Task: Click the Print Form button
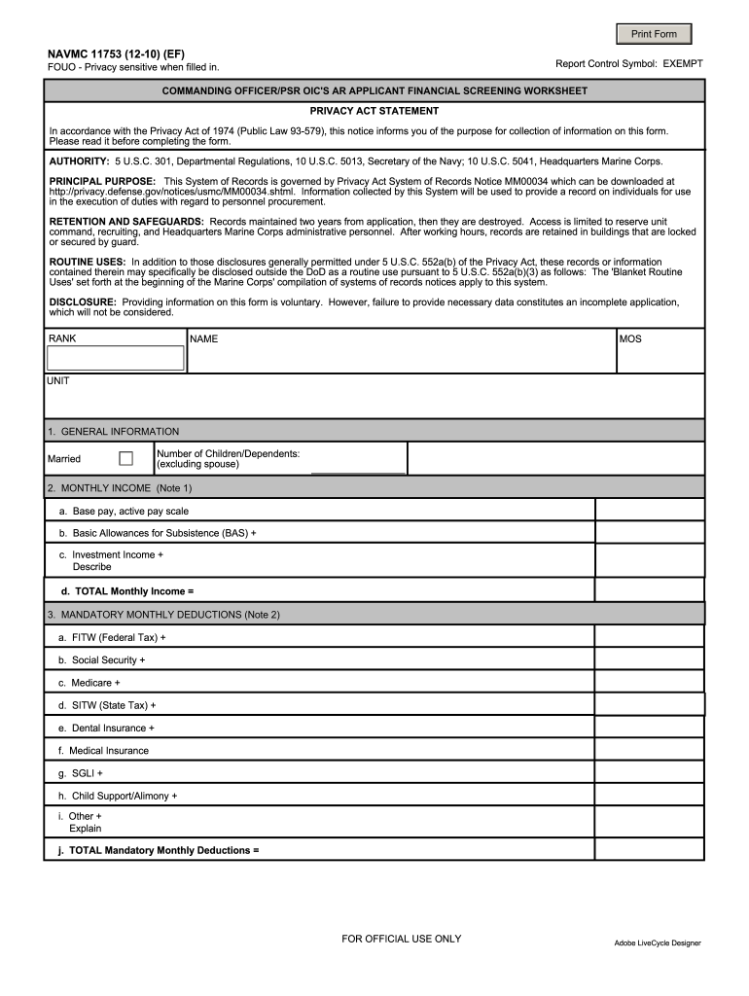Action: click(654, 34)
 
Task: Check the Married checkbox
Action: click(125, 458)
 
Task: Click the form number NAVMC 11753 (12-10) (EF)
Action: click(117, 52)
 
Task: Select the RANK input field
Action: click(116, 358)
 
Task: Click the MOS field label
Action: click(630, 339)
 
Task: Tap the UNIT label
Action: click(58, 381)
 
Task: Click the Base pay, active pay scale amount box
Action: click(649, 511)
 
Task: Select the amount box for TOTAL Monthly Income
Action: click(649, 590)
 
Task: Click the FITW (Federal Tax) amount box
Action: click(649, 637)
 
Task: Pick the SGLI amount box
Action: click(649, 772)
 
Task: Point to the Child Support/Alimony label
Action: click(119, 796)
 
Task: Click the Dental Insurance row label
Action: click(106, 728)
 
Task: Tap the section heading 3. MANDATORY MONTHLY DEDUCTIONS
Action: click(163, 615)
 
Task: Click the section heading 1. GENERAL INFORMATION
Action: click(113, 431)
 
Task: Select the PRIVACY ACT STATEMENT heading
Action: click(374, 111)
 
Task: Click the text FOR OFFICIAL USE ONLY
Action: click(402, 939)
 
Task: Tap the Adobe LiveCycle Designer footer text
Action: click(657, 943)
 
